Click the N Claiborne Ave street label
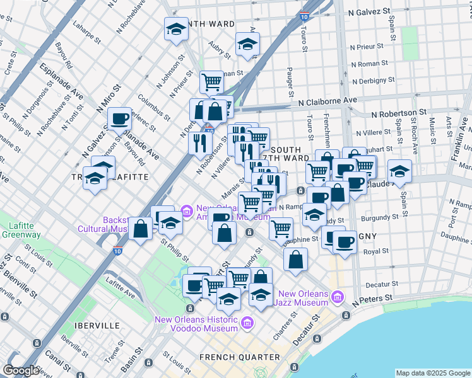tap(327, 100)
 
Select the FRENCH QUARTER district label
tap(239, 357)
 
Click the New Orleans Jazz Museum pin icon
tap(338, 296)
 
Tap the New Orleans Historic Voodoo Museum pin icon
tap(247, 323)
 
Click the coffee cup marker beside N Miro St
tap(119, 118)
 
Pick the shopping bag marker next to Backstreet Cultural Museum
tap(141, 229)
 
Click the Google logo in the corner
tap(21, 370)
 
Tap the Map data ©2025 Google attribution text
tap(432, 373)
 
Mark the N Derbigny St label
tap(374, 81)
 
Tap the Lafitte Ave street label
tap(121, 287)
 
